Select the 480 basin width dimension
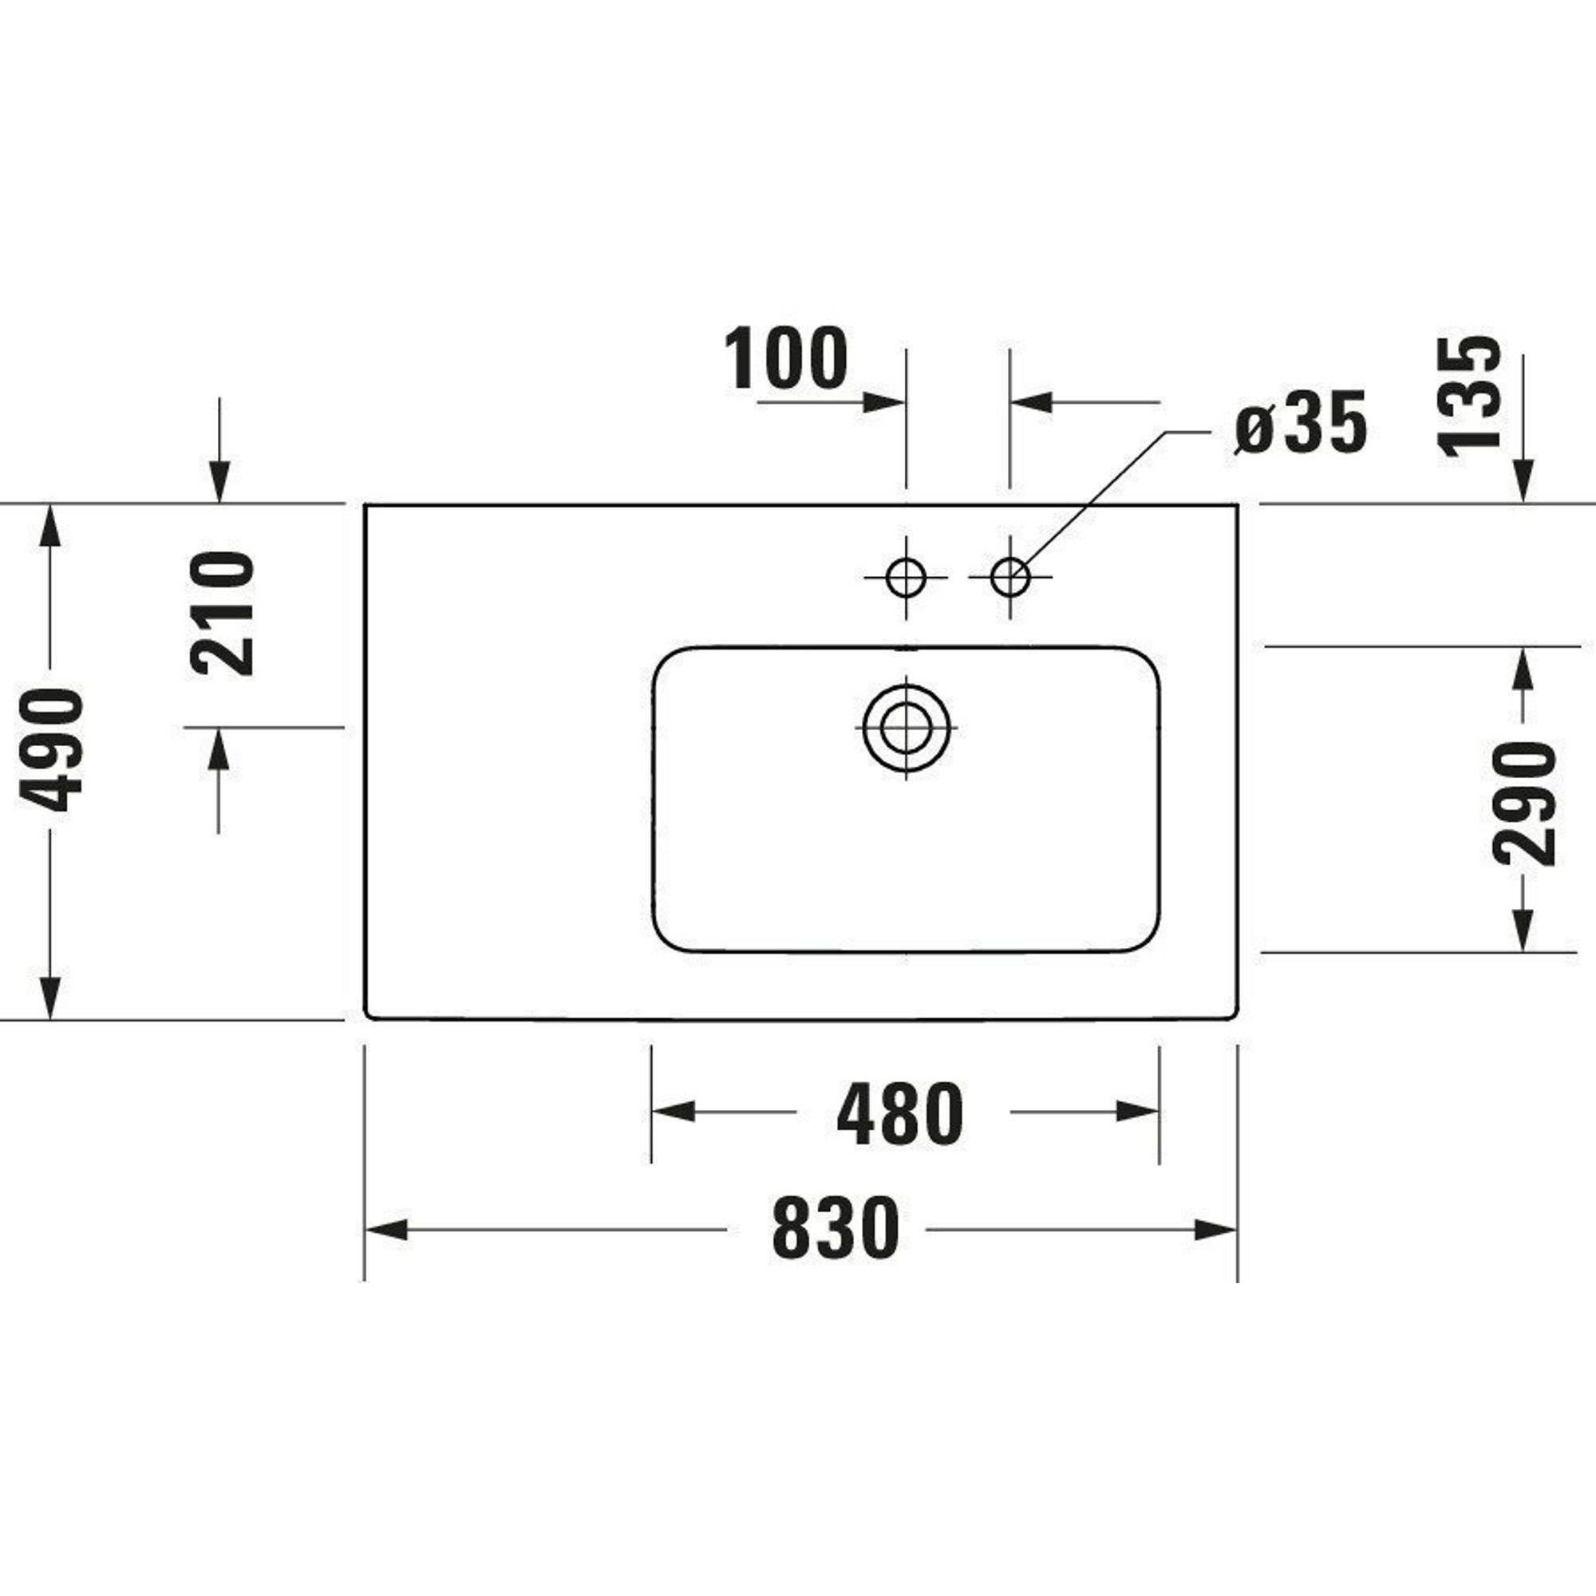(899, 1113)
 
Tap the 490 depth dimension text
(51, 749)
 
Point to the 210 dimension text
(222, 614)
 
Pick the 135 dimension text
(1470, 397)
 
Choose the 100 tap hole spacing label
(785, 358)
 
